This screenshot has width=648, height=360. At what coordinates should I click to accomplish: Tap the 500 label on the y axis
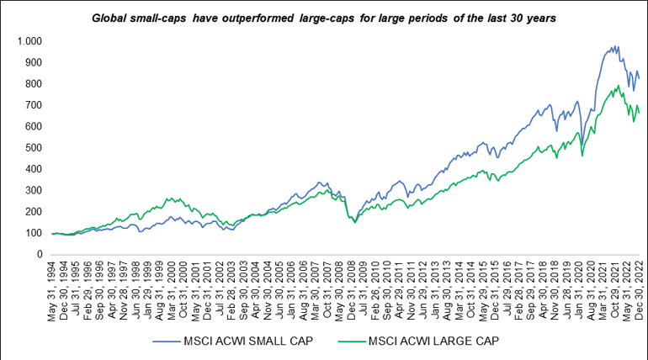pos(34,148)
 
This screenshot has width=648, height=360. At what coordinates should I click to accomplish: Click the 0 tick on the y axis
pos(39,254)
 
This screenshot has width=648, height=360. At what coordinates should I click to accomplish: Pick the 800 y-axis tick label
pos(34,84)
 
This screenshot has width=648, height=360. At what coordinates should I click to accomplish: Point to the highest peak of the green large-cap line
pos(619,85)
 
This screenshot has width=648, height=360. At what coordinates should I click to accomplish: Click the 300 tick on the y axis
pos(34,190)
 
